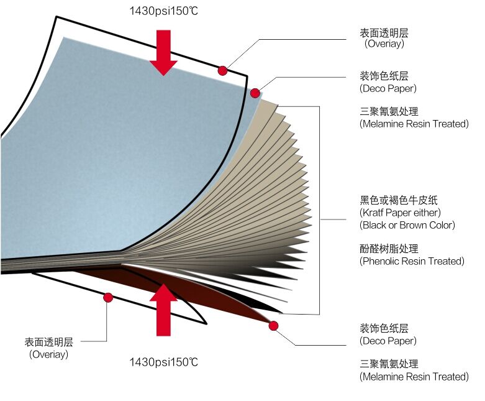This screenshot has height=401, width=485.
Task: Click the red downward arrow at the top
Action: pyautogui.click(x=163, y=51)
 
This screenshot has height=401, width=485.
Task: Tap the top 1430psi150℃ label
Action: pyautogui.click(x=163, y=11)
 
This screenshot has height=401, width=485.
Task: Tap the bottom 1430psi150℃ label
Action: pyautogui.click(x=163, y=362)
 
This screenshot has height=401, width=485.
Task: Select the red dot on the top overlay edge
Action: pyautogui.click(x=222, y=71)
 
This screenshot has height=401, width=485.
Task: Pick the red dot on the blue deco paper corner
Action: pyautogui.click(x=255, y=93)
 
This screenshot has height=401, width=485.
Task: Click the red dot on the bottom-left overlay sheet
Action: pyautogui.click(x=108, y=298)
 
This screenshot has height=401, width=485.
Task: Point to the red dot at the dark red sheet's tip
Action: pyautogui.click(x=273, y=326)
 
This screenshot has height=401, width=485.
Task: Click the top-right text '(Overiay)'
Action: pyautogui.click(x=384, y=44)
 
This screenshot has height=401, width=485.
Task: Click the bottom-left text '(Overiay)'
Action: pyautogui.click(x=49, y=354)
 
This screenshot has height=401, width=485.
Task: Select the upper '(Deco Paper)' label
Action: pyautogui.click(x=388, y=88)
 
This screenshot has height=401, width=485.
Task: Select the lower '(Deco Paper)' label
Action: pyautogui.click(x=388, y=341)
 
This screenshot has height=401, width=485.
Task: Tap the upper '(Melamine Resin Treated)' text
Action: pyautogui.click(x=414, y=124)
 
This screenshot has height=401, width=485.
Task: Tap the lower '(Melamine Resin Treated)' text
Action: pyautogui.click(x=414, y=376)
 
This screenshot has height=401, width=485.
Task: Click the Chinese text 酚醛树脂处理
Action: pyautogui.click(x=389, y=249)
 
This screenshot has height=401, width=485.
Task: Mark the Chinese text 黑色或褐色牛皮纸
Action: pyautogui.click(x=399, y=200)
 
